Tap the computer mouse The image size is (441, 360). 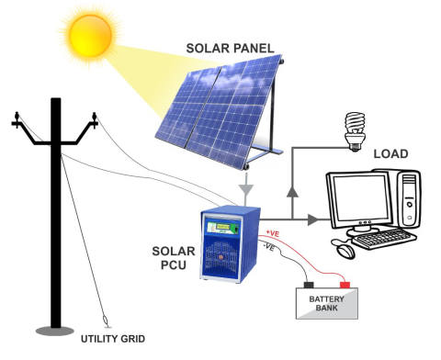(x=345, y=250)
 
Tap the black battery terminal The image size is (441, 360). (x=309, y=286)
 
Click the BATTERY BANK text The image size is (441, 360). (x=325, y=303)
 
